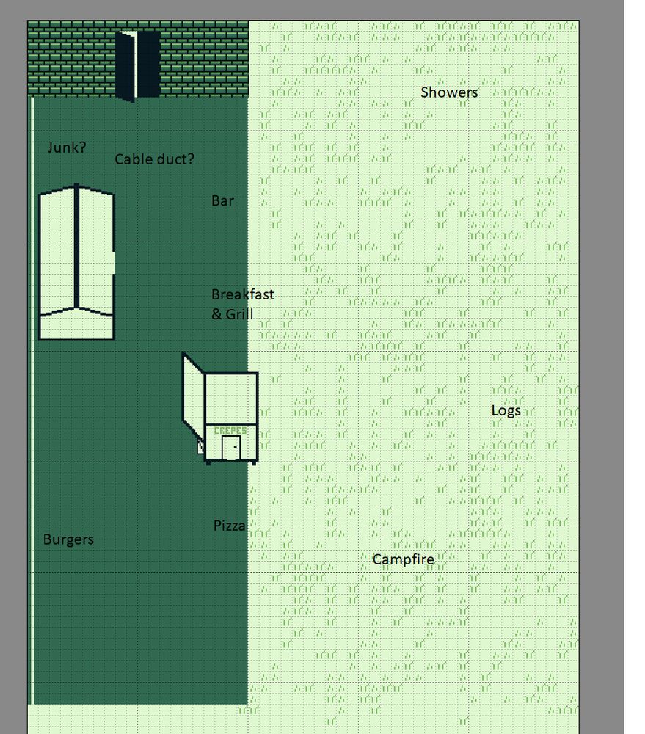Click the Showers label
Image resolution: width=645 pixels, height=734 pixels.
449,92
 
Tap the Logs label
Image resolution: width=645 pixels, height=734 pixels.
506,410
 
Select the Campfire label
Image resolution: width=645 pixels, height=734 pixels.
403,559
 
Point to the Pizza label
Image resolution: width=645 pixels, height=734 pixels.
229,526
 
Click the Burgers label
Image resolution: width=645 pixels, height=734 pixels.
68,539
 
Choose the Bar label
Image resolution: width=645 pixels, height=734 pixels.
222,200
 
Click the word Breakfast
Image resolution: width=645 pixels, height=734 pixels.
242,294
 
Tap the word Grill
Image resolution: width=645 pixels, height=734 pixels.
239,313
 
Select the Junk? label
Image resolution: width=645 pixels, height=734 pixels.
67,148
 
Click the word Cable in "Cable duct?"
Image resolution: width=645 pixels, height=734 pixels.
131,159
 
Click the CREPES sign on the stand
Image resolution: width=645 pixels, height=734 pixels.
230,430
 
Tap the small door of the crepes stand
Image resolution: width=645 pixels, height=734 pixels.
230,448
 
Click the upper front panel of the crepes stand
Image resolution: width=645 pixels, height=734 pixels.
231,398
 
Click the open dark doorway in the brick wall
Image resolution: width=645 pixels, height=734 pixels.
138,65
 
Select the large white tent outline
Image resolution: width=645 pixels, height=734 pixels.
77,261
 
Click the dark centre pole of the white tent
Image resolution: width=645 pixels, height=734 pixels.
76,247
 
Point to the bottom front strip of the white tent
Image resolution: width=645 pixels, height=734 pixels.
77,327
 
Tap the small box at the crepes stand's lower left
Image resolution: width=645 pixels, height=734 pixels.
201,447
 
